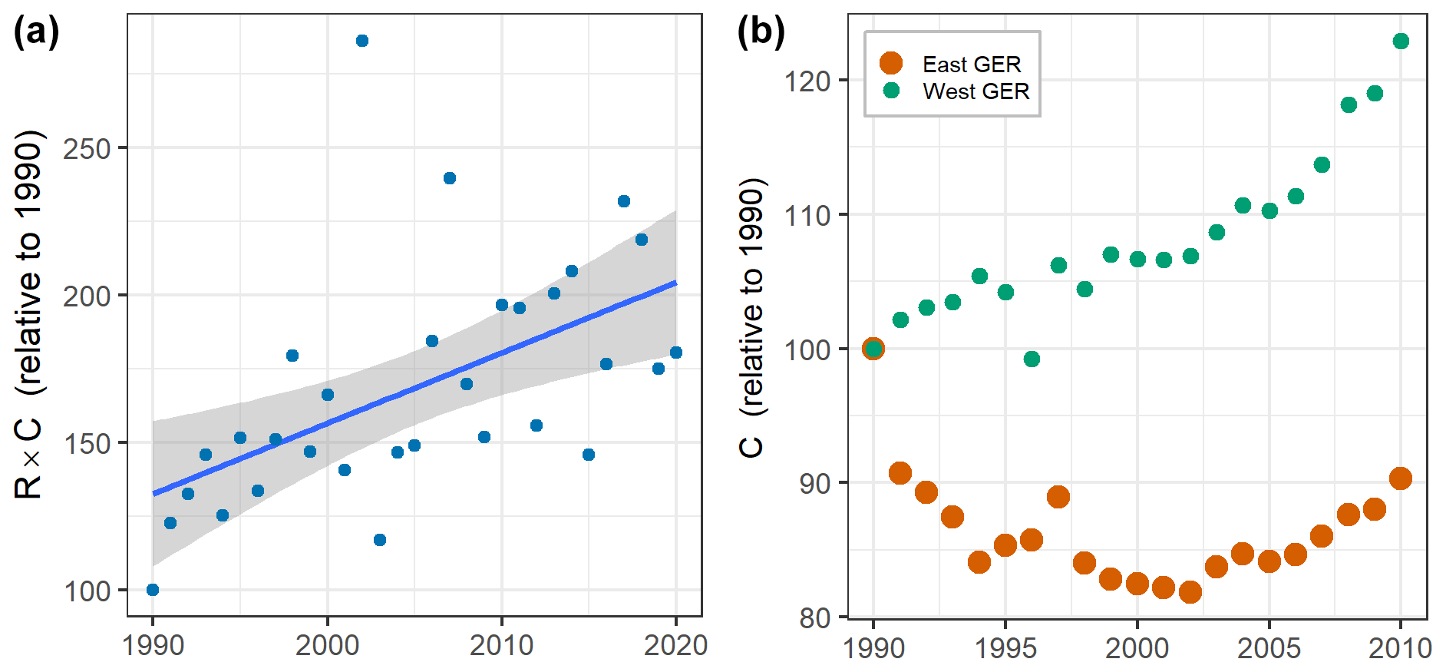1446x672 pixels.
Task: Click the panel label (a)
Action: click(36, 33)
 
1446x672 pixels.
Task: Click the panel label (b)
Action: click(761, 33)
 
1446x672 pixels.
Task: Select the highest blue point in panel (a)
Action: click(362, 41)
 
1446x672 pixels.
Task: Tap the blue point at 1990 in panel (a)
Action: click(153, 590)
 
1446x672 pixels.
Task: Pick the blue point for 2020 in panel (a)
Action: click(676, 353)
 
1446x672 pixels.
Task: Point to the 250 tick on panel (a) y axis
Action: click(87, 148)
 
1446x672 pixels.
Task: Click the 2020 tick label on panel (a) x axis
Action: click(675, 645)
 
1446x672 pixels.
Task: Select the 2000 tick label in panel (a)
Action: click(327, 645)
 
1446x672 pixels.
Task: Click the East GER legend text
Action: click(972, 65)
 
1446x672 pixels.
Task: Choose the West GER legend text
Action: click(976, 91)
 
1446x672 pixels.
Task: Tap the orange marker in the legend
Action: click(891, 63)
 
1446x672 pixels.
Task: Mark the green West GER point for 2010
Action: click(1401, 41)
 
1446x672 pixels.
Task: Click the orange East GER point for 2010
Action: click(1401, 478)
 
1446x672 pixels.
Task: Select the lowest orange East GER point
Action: click(1190, 592)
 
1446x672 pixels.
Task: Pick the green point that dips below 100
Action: click(1032, 359)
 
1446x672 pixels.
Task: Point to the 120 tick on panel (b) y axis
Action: click(807, 81)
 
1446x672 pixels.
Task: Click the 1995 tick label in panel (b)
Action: click(1005, 648)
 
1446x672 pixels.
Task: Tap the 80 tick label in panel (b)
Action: click(815, 617)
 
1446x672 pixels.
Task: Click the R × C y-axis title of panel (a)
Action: click(29, 315)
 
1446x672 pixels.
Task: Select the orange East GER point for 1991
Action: click(900, 473)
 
